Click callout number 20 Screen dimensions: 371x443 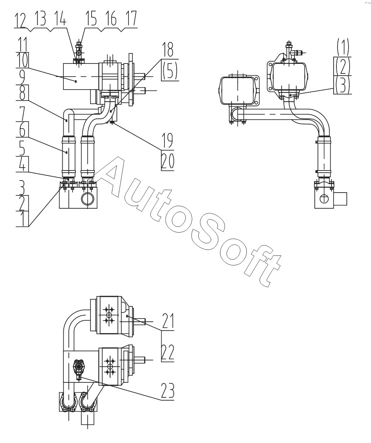point(167,161)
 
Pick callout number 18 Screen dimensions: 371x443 point(167,49)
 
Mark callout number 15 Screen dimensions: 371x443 point(92,20)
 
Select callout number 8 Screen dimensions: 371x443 point(22,94)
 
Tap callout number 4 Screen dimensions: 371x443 point(22,165)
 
